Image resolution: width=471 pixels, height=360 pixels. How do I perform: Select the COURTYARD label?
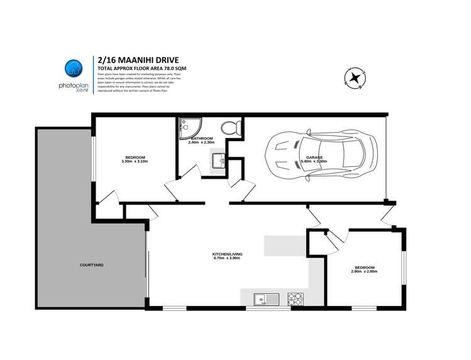tap(92, 265)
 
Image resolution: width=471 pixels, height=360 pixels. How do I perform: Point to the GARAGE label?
tap(314, 157)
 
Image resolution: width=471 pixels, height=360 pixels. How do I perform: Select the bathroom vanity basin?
tap(219, 162)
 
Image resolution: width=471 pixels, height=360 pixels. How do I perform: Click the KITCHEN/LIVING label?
tap(227, 254)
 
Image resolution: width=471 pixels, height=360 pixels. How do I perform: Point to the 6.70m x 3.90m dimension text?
tap(227, 259)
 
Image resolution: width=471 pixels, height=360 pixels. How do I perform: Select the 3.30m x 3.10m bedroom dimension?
tap(135, 162)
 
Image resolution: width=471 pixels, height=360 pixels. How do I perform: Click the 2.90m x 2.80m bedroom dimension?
tap(364, 273)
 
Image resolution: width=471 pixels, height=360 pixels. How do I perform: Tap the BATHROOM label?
tap(201, 138)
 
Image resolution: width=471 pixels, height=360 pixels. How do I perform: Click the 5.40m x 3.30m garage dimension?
tap(314, 162)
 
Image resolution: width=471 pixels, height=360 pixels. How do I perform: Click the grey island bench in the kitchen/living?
tap(286, 245)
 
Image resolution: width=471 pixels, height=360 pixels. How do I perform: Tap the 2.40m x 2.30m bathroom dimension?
tap(201, 143)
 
